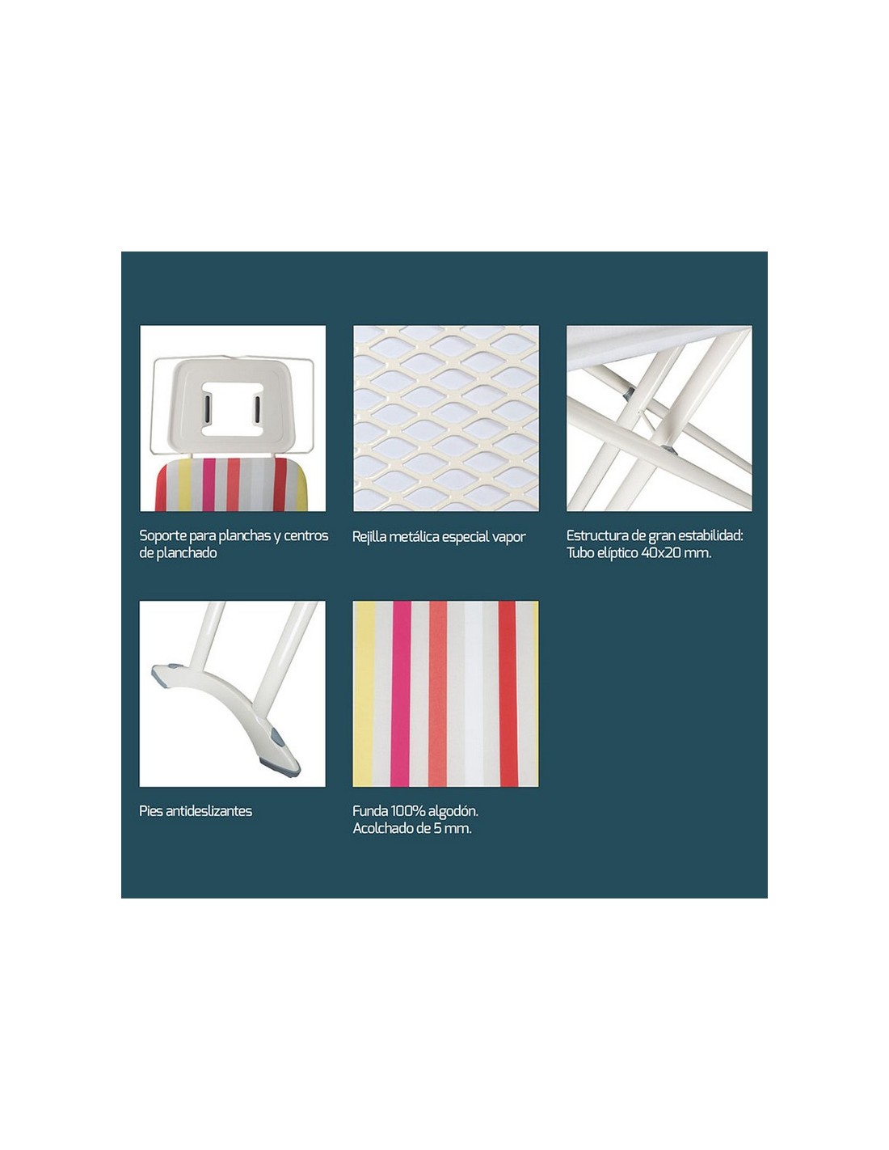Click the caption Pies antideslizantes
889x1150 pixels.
click(196, 811)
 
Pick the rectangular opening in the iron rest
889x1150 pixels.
click(232, 408)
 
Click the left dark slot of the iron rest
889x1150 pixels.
click(208, 409)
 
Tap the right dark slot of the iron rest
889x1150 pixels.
click(257, 409)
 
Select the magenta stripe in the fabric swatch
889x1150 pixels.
click(401, 694)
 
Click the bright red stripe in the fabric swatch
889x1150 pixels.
click(508, 694)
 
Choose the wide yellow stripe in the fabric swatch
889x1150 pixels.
click(364, 694)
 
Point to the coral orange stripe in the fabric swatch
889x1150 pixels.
click(438, 694)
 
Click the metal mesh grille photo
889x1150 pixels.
click(446, 418)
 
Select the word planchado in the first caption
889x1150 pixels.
click(187, 553)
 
